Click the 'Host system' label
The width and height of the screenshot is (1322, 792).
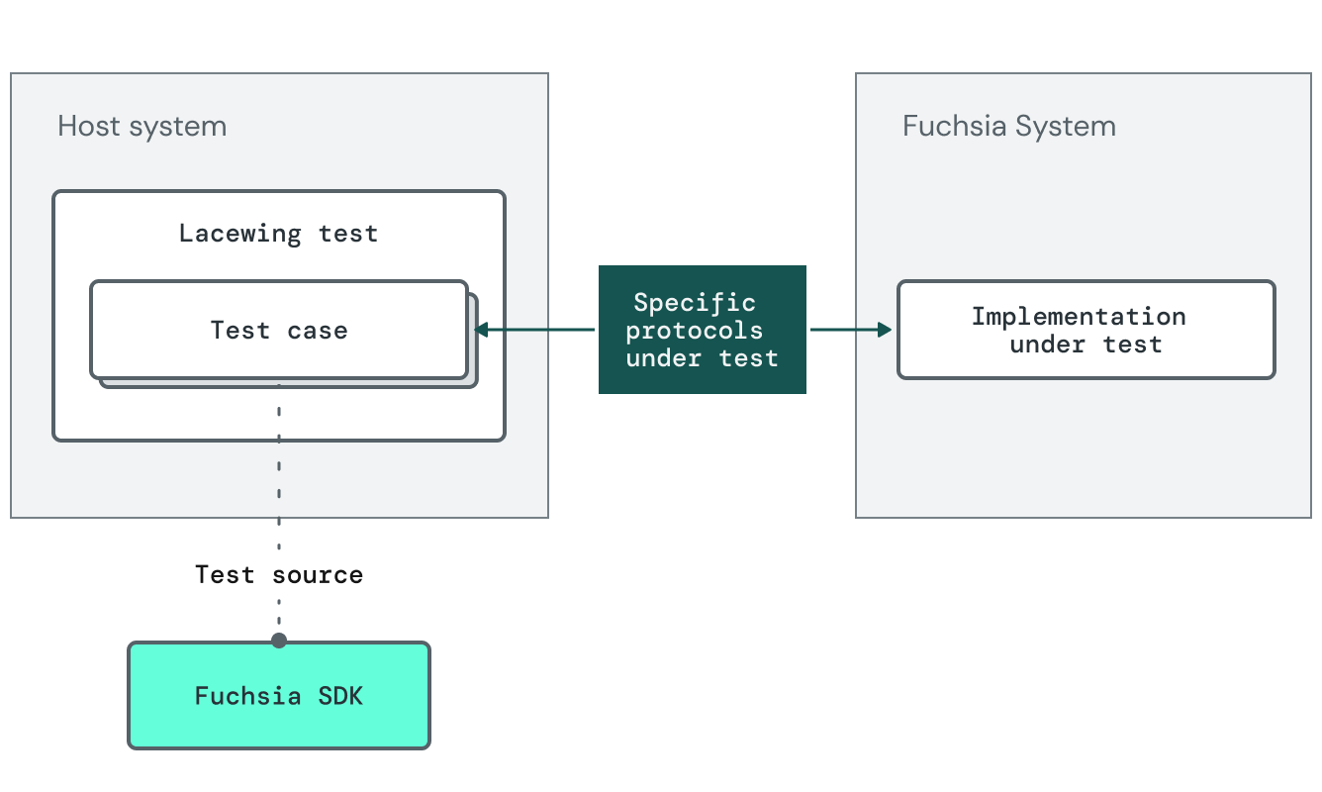(x=142, y=127)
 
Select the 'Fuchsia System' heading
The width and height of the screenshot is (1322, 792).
(x=1008, y=127)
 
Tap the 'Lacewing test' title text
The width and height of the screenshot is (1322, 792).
(x=278, y=234)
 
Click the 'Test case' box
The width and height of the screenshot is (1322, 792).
(x=278, y=330)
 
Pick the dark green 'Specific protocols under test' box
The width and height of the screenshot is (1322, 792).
(x=702, y=330)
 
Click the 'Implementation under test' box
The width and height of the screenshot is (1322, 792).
(x=1086, y=330)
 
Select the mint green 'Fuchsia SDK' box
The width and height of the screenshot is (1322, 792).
(x=278, y=696)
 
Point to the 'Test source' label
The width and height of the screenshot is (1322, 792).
(x=278, y=574)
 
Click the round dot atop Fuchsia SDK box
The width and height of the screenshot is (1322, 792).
(x=278, y=641)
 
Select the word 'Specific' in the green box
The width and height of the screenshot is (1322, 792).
(x=694, y=303)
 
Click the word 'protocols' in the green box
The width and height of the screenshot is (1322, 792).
(x=694, y=330)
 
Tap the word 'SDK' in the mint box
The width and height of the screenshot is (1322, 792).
(x=339, y=696)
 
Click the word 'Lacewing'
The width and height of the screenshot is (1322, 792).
(x=239, y=234)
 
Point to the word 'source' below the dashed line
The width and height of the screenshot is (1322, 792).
(x=318, y=574)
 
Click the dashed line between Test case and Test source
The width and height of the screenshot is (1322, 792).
(x=278, y=465)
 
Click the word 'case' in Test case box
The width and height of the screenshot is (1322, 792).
(x=317, y=330)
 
